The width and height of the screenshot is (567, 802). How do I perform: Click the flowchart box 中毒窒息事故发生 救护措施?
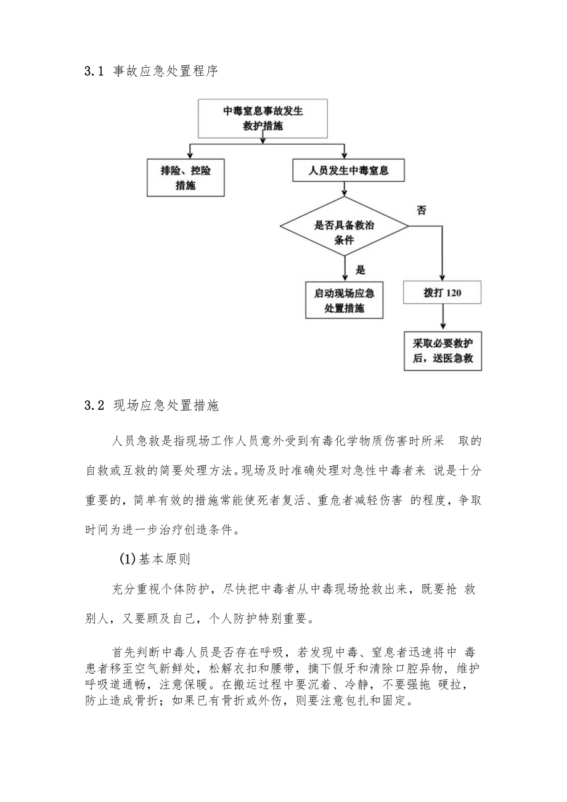click(263, 119)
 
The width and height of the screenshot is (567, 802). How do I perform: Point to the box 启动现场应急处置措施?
click(344, 300)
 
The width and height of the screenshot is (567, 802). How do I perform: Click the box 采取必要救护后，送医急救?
click(443, 351)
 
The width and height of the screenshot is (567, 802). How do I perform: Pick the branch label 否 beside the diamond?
click(421, 211)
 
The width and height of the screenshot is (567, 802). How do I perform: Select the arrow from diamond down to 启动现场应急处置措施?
click(345, 269)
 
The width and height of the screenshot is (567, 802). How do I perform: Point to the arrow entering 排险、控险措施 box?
click(190, 151)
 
